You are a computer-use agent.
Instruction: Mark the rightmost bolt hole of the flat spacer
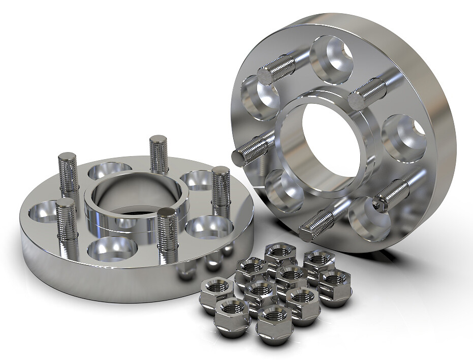[209, 227]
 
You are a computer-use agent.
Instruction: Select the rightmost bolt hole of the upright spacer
[404, 135]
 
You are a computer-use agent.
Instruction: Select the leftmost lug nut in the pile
[217, 294]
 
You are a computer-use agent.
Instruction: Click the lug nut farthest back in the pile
[280, 253]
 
